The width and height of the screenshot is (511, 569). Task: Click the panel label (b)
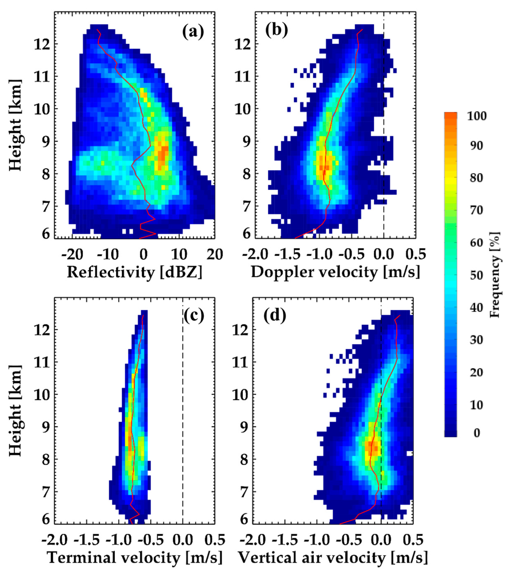[277, 30]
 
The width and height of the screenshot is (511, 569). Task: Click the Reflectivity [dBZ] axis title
[135, 272]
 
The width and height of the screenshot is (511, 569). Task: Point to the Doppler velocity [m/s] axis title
[336, 272]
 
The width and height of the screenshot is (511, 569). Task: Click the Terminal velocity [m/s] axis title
[135, 558]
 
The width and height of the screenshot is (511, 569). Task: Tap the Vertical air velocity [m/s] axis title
[333, 558]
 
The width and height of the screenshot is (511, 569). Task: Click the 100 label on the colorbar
[477, 116]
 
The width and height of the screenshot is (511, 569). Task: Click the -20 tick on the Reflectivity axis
[72, 255]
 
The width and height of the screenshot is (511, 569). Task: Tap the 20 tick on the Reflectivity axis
[215, 255]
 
